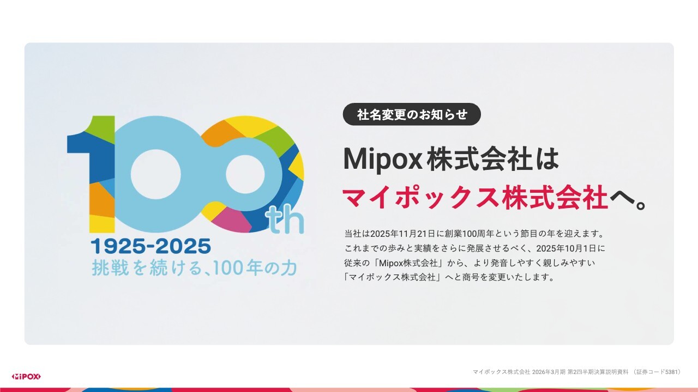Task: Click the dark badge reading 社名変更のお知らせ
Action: [x=412, y=114]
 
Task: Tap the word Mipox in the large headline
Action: [x=383, y=160]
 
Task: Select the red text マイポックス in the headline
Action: [x=420, y=197]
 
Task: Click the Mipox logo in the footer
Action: [x=26, y=376]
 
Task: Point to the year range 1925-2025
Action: [x=151, y=246]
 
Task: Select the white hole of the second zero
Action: [x=245, y=174]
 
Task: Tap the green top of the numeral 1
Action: [x=101, y=128]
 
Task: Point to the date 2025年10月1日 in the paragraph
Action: [x=566, y=248]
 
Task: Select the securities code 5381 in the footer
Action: [x=671, y=372]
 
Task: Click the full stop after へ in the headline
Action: [x=640, y=205]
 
